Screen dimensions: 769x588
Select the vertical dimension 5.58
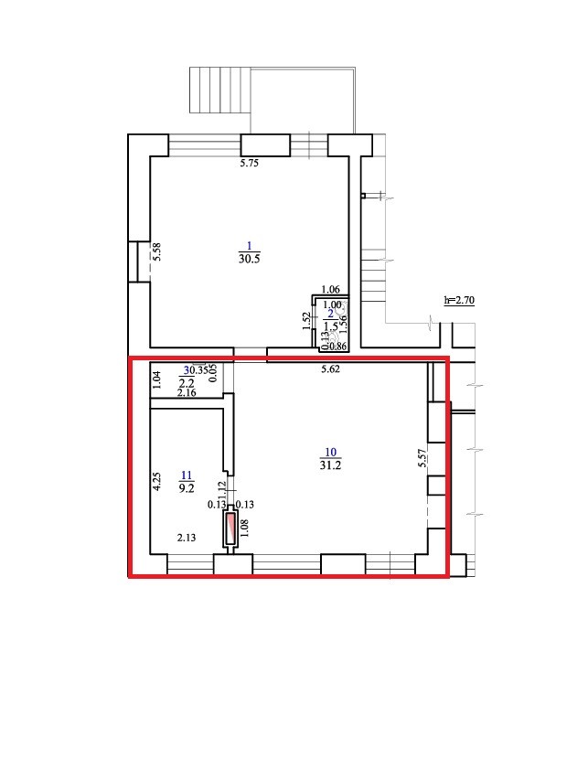pyautogui.click(x=157, y=252)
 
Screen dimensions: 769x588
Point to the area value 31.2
pyautogui.click(x=331, y=465)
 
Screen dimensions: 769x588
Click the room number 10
pyautogui.click(x=331, y=452)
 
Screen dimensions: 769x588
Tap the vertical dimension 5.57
pyautogui.click(x=422, y=457)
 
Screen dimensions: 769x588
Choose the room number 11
pyautogui.click(x=187, y=475)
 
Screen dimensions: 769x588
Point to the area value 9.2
pyautogui.click(x=187, y=488)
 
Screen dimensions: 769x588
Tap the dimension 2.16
pyautogui.click(x=187, y=393)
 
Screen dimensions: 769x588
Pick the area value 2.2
pyautogui.click(x=186, y=382)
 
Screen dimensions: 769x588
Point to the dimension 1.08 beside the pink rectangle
pyautogui.click(x=245, y=529)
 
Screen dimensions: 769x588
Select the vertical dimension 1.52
pyautogui.click(x=306, y=320)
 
